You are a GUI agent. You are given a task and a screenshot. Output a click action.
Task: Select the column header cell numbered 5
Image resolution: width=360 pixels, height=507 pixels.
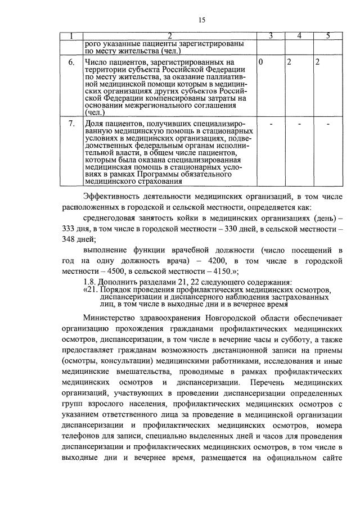tap(328, 37)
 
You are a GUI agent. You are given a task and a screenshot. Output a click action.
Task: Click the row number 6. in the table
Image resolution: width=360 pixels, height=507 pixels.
tap(70, 62)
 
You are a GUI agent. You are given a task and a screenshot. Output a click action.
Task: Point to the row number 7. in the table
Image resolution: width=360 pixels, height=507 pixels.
tap(70, 124)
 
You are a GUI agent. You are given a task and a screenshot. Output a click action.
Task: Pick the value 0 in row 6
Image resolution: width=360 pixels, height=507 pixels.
tap(262, 62)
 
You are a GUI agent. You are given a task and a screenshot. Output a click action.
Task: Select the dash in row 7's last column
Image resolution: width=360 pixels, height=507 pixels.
tap(328, 124)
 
